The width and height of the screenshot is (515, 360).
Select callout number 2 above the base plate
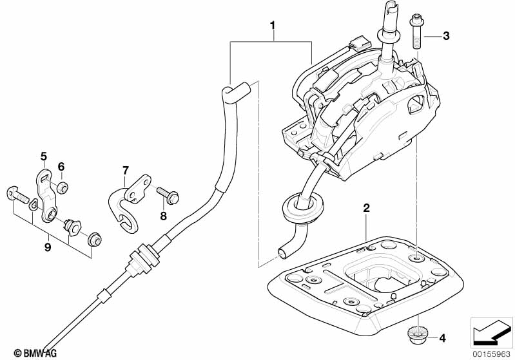coord(366,208)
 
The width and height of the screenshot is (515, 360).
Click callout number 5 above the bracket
coord(44,156)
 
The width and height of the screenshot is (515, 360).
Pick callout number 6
coord(61,166)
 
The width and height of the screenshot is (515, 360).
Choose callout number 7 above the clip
coord(126,170)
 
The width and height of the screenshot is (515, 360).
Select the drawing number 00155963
coord(490,352)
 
